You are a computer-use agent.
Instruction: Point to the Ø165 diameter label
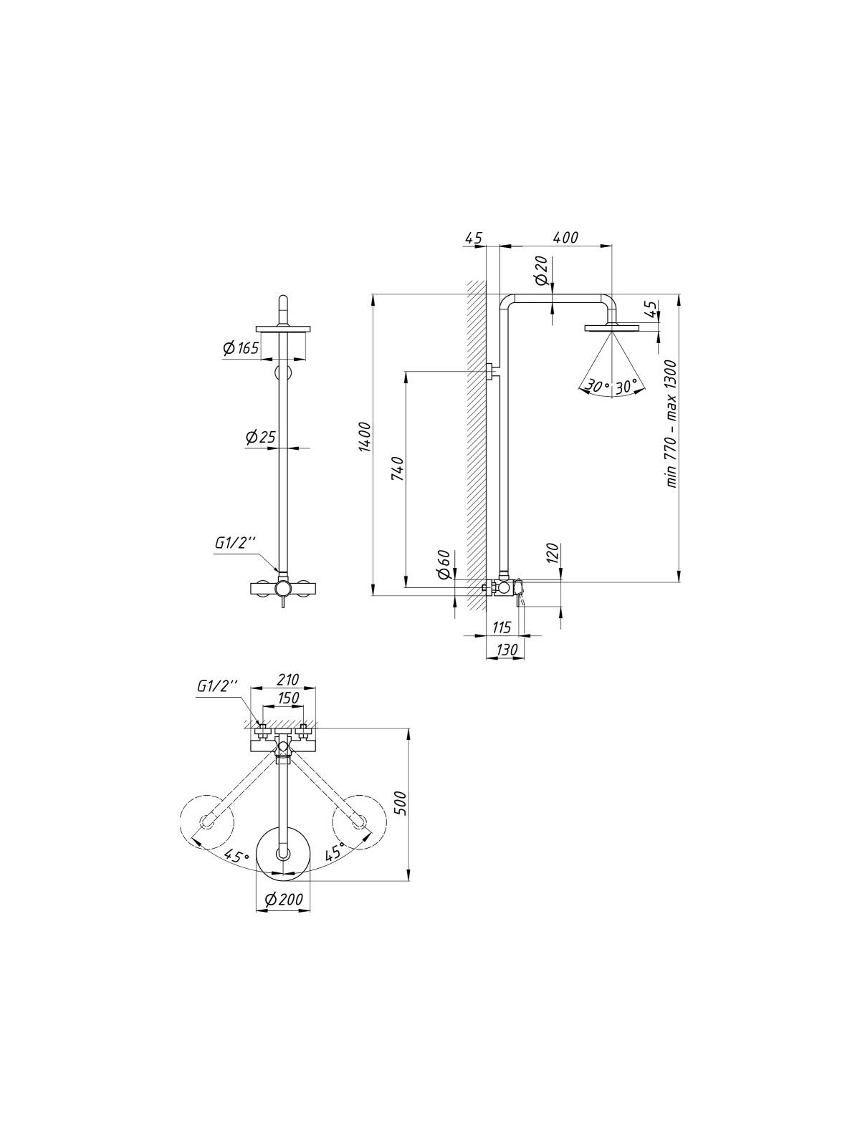241,347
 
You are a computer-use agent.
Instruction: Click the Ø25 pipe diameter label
261,438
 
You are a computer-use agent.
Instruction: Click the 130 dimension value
506,650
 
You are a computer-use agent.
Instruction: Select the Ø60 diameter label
444,565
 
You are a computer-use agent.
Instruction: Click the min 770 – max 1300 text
672,424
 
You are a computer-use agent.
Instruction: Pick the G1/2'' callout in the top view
216,687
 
